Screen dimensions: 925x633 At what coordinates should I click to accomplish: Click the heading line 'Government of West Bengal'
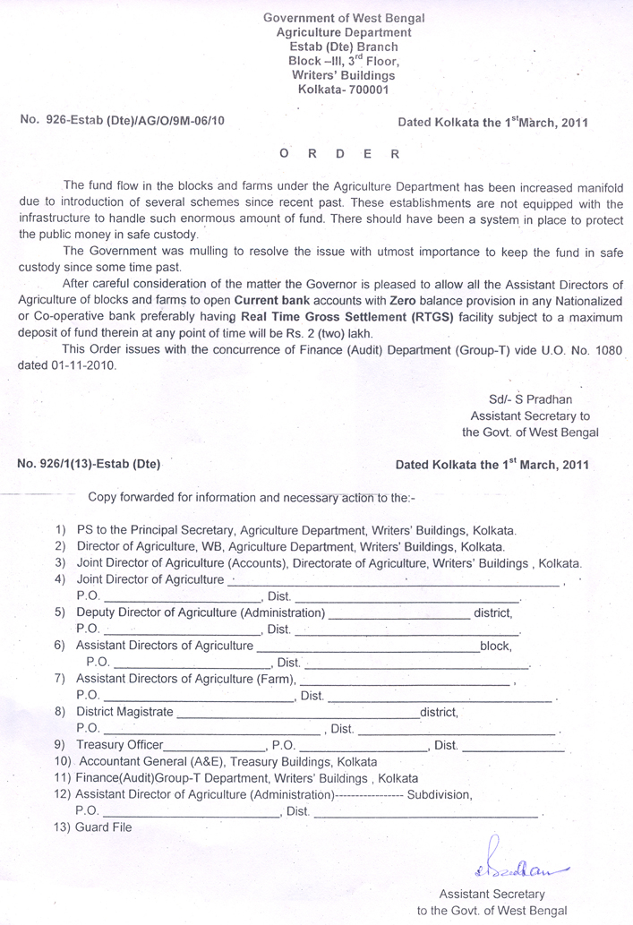344,18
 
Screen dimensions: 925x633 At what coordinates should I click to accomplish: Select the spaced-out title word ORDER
339,153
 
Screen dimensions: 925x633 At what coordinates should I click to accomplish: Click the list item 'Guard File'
104,827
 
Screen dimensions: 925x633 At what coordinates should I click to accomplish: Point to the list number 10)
64,761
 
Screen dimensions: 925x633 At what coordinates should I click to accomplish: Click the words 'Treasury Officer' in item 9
120,745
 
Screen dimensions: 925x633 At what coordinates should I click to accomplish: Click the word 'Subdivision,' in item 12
439,794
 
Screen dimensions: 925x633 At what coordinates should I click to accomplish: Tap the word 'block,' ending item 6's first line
495,645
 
